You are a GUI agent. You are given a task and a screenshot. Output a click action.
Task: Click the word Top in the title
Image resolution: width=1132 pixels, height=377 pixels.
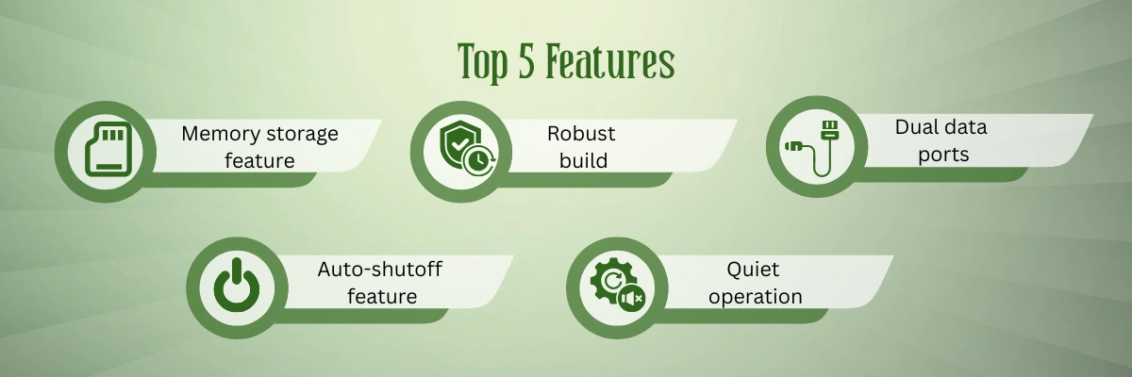482,62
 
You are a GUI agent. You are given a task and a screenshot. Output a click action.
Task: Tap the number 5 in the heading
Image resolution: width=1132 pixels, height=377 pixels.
526,61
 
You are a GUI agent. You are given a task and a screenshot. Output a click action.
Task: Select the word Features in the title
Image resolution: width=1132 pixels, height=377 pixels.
610,61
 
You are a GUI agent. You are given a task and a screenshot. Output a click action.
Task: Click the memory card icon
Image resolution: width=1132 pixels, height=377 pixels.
108,149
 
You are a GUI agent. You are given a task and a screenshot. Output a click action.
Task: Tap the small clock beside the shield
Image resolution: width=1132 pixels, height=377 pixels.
479,160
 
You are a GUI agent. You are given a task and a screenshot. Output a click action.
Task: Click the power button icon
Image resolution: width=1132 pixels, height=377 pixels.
237,286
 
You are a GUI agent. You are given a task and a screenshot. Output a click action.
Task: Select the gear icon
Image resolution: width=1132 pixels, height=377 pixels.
613,280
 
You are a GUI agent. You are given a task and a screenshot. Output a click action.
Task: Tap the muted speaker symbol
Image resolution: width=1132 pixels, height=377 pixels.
632,299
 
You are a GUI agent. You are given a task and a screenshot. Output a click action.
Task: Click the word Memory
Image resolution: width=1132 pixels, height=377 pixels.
221,134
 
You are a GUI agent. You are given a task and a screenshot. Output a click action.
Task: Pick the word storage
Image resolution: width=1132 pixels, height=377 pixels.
302,135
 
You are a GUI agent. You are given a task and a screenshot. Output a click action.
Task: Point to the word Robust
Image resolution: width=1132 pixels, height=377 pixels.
581,134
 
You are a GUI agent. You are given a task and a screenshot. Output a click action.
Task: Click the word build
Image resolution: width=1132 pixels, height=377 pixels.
583,161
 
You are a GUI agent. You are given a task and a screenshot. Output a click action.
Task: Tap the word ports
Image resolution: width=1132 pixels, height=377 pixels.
943,155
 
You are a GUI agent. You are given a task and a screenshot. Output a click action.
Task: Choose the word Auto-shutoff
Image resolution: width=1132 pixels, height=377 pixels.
380,270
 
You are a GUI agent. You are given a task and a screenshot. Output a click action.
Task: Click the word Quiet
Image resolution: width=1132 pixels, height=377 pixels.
753,270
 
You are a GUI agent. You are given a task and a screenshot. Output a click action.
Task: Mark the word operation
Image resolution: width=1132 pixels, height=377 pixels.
755,297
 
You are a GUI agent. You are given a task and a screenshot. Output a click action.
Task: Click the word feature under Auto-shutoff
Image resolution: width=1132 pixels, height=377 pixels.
382,296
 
